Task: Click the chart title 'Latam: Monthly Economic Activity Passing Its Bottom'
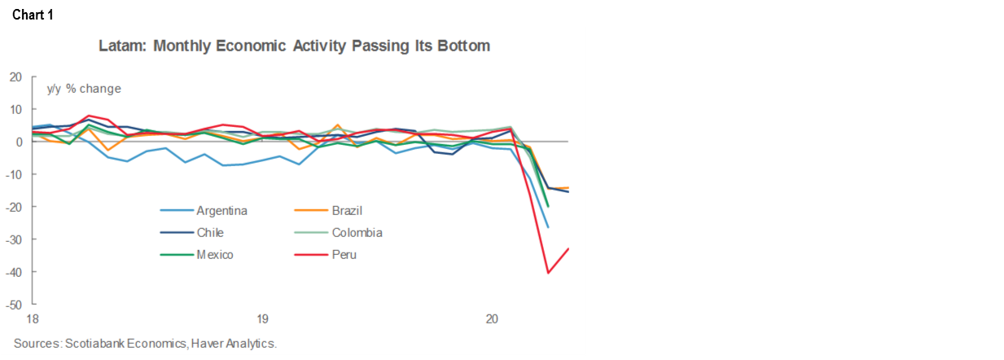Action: tap(294, 46)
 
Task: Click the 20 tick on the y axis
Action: tap(15, 77)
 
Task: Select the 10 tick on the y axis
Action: tap(15, 109)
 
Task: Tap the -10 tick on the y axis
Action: tap(14, 174)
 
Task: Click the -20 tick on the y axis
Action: tap(14, 207)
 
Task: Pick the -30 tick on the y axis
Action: tap(14, 239)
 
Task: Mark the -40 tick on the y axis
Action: tap(14, 272)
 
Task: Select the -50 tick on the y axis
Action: tap(14, 305)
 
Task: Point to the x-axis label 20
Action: tap(492, 319)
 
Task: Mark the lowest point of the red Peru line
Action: tap(548, 273)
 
